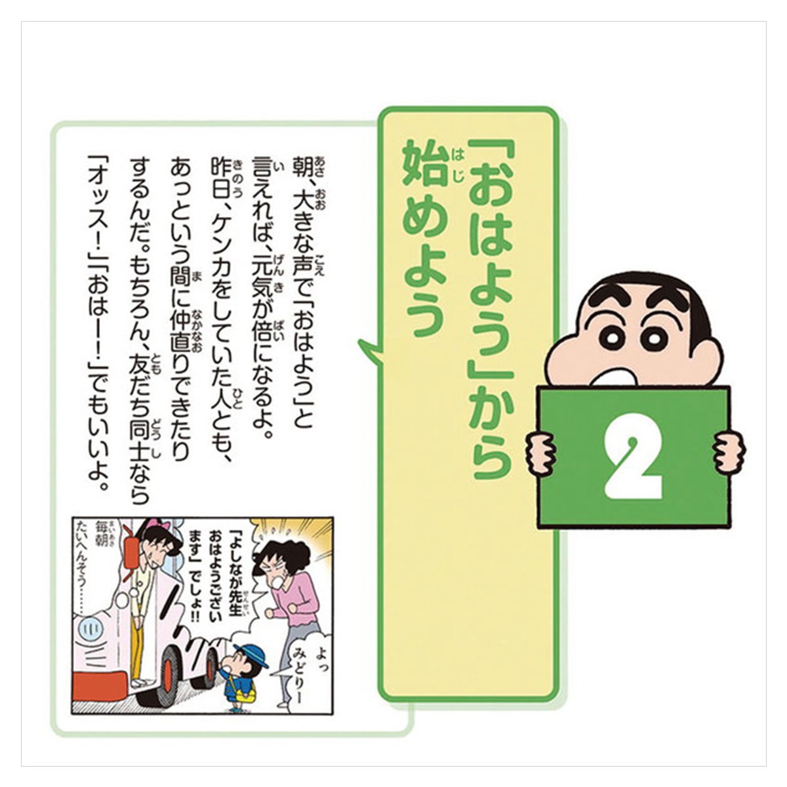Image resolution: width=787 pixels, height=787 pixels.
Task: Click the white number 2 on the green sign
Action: pos(632,456)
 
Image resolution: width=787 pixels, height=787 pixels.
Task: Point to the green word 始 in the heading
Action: pos(422,165)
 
